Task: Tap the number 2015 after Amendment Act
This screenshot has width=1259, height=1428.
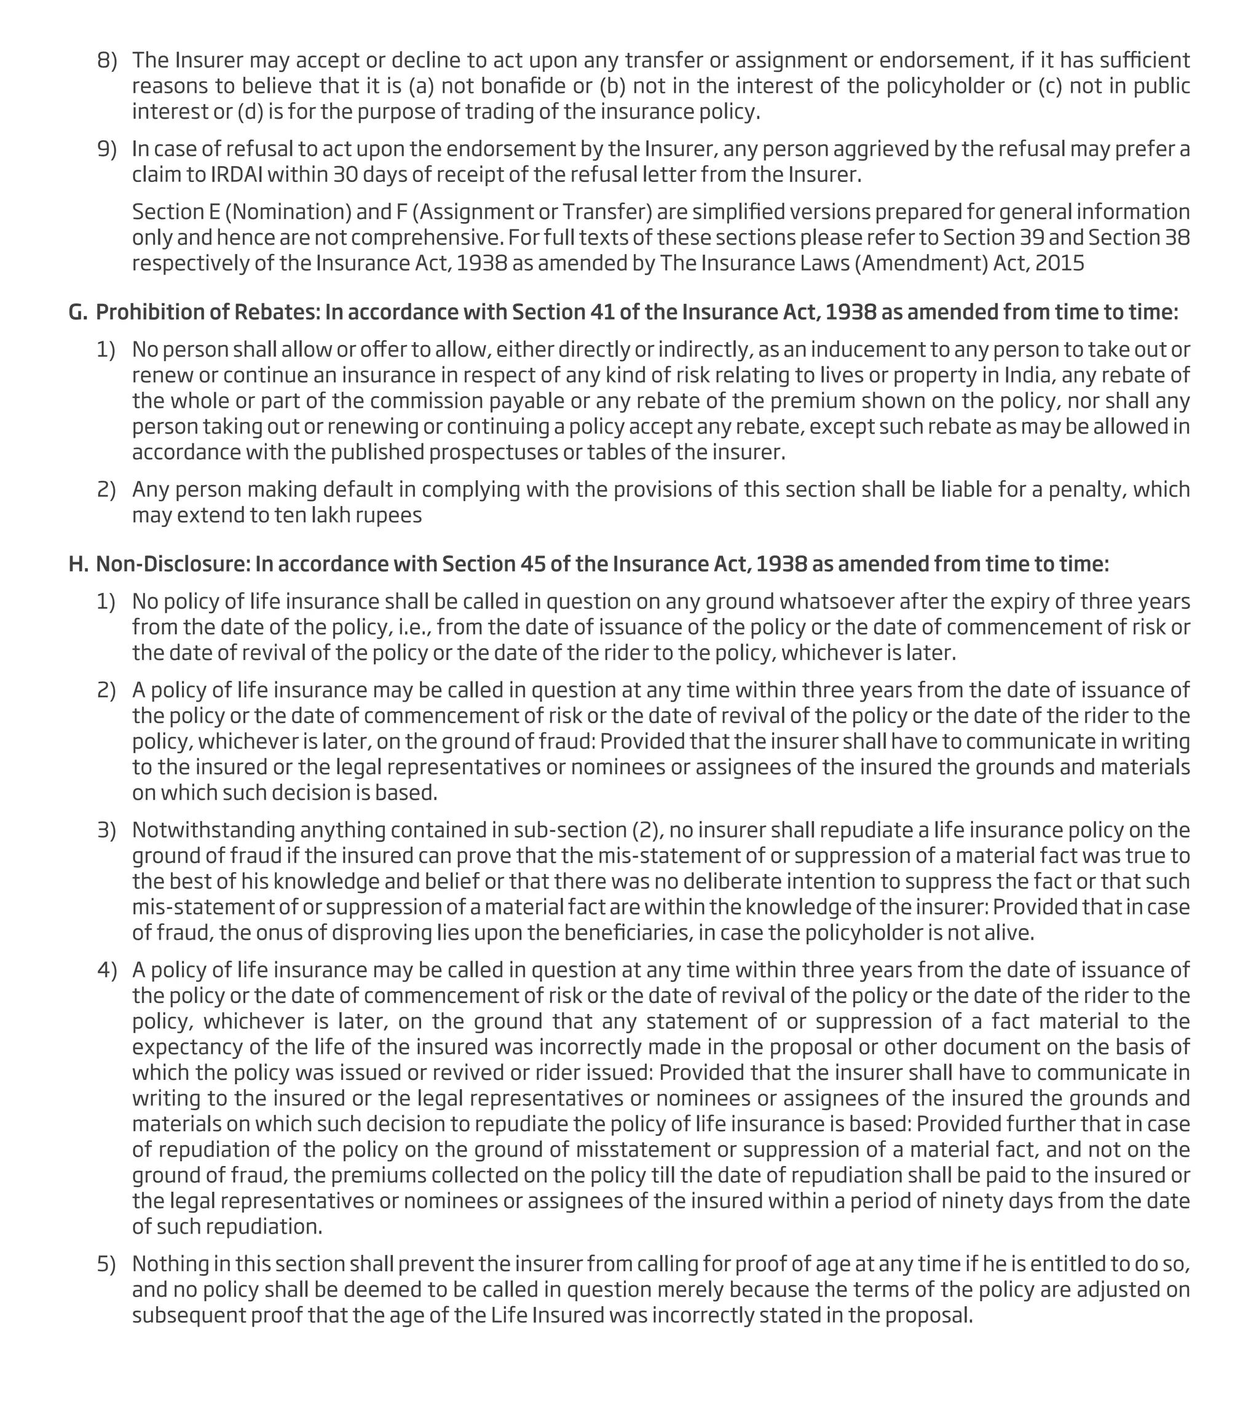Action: [x=1060, y=263]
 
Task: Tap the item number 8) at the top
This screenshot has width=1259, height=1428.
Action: [x=106, y=60]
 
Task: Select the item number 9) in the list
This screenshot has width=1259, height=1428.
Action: [x=106, y=149]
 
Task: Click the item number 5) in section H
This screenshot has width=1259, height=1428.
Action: [x=106, y=1264]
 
